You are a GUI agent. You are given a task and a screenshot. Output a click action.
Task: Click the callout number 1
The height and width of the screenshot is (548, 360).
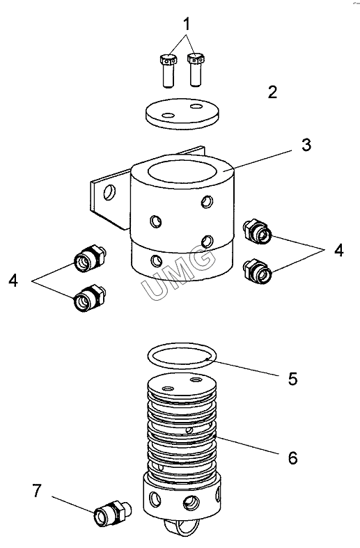[187, 24]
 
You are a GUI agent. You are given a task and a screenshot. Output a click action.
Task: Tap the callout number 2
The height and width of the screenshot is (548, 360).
[272, 92]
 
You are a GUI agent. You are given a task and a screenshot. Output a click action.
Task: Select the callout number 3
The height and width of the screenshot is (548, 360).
[306, 145]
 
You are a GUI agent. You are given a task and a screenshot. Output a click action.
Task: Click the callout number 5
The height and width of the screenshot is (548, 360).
[292, 378]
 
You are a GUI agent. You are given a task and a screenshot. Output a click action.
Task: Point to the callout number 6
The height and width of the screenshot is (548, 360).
[293, 458]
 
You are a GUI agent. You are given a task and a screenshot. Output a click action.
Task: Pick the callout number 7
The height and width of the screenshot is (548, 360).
[37, 491]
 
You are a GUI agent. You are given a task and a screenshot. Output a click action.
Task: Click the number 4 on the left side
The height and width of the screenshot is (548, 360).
[13, 281]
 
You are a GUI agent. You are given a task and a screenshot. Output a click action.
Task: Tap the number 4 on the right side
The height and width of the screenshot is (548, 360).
[338, 251]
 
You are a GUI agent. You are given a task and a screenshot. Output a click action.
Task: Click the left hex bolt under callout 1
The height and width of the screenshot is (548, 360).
[168, 70]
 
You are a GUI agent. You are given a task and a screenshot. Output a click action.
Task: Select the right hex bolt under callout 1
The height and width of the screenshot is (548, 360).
[196, 70]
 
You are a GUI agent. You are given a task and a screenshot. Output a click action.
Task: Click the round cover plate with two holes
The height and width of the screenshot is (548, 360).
[182, 113]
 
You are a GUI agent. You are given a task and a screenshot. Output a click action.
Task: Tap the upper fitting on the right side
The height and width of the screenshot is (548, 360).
[257, 231]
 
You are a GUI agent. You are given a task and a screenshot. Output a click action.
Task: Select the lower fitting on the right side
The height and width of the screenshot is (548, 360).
[258, 271]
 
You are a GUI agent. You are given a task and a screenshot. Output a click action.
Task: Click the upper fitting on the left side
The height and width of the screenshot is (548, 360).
[90, 258]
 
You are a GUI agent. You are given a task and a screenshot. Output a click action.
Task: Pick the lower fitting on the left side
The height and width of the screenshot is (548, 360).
[90, 298]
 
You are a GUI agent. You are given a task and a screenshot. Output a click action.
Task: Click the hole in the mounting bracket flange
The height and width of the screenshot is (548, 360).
[109, 193]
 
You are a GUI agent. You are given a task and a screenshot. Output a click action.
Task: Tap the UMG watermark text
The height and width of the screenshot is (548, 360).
[178, 272]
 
